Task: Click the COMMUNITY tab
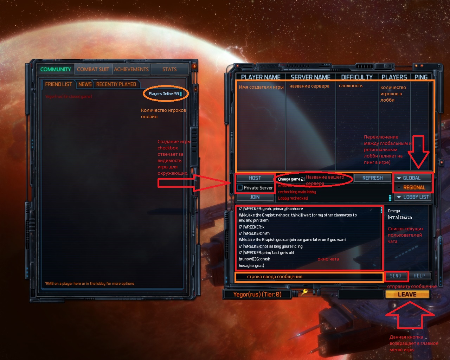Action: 56,69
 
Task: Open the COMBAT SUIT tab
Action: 93,69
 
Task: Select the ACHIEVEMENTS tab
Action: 131,69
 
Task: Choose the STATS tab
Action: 169,69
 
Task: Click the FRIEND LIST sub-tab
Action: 58,84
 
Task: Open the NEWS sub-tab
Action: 85,84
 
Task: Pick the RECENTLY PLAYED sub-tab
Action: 116,84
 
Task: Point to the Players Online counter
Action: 164,94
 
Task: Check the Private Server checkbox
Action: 240,188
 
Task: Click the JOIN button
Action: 255,197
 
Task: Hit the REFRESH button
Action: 372,178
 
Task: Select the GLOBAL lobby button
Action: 412,178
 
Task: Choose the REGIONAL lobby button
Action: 413,187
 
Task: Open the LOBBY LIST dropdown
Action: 413,197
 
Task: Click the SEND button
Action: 396,276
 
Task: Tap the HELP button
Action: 419,276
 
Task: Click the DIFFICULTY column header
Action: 357,77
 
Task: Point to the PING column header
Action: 421,77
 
